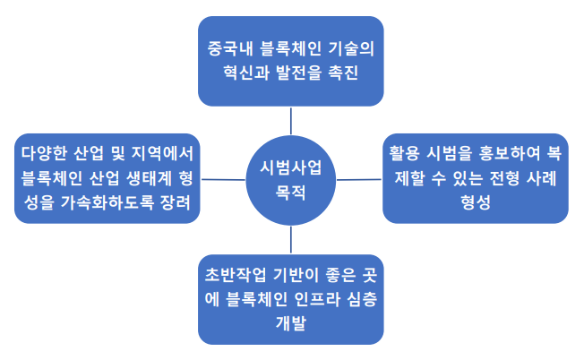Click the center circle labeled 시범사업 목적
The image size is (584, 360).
coord(291,180)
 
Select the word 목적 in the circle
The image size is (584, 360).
coord(290,193)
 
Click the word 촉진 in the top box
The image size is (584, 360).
coord(343,73)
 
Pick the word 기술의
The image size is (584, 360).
coord(352,48)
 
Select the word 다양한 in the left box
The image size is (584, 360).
coord(44,153)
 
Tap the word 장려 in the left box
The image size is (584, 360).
coord(175,202)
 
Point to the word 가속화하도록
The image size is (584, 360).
coord(107,202)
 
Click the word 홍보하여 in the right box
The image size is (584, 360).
coord(509,153)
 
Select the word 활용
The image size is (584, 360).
coord(405,153)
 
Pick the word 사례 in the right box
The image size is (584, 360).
coord(541,178)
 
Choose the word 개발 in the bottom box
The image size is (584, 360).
coord(291,322)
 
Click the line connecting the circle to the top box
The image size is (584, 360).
coord(291,121)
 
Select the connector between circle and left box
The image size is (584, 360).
coord(223,180)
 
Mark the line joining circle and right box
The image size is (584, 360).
coord(359,180)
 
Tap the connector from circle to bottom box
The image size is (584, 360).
coord(291,240)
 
